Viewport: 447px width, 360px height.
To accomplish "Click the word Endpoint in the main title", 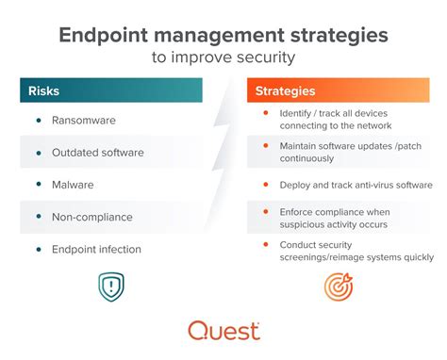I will click(x=104, y=36).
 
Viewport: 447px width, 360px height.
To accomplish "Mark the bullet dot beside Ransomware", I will click(x=38, y=121).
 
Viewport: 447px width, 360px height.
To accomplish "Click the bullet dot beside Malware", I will click(x=38, y=185).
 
